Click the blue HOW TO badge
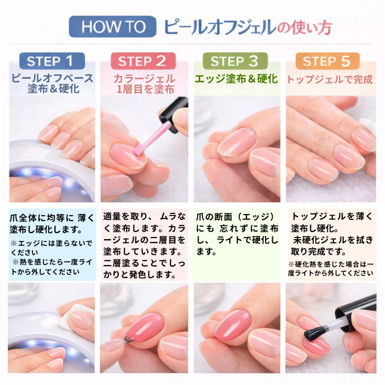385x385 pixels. [x=112, y=27]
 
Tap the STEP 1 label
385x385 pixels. [x=52, y=61]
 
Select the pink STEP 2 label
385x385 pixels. [x=143, y=61]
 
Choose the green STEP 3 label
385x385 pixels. [x=235, y=61]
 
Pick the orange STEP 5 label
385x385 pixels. [x=328, y=61]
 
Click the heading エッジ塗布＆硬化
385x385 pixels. [x=236, y=79]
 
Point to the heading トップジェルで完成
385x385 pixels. [x=330, y=80]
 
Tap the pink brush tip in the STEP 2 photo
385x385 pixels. [x=137, y=151]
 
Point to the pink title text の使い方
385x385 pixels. [x=305, y=28]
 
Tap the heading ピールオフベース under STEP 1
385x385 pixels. [x=53, y=79]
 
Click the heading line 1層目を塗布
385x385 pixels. [x=145, y=89]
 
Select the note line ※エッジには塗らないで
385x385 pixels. [x=51, y=243]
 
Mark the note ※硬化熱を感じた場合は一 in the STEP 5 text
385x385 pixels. [x=331, y=264]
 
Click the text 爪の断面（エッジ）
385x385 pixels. [x=235, y=217]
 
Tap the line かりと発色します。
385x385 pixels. [x=140, y=275]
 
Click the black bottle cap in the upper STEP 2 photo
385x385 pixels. [x=175, y=114]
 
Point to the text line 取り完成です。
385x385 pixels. [x=318, y=251]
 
